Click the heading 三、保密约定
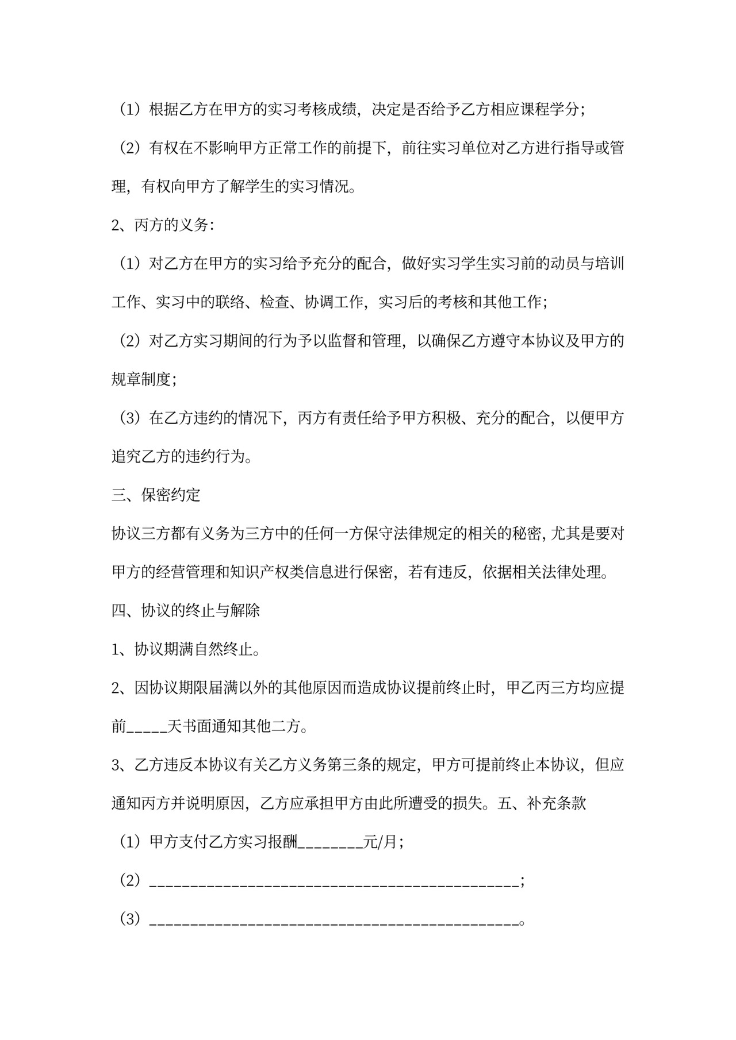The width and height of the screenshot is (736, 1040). point(156,495)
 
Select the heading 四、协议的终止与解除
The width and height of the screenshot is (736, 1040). point(186,610)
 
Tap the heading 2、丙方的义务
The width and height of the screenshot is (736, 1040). point(162,225)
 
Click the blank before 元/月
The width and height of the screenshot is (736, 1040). point(331,842)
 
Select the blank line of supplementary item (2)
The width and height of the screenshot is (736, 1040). point(334,881)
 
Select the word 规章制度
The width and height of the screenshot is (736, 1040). point(141,379)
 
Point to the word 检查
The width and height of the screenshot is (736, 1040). point(275,302)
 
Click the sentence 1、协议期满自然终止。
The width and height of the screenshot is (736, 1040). point(186,649)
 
